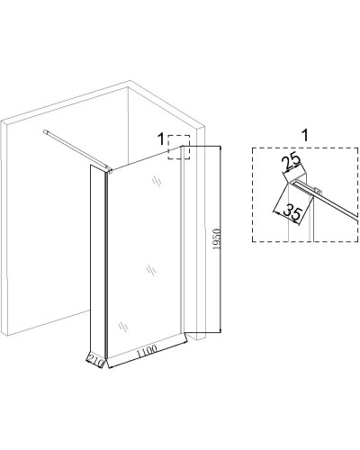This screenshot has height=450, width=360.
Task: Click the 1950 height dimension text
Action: click(218, 238)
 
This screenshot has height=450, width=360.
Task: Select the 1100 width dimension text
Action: click(147, 351)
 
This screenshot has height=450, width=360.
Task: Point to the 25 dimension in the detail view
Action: click(292, 161)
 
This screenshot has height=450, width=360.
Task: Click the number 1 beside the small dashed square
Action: click(161, 139)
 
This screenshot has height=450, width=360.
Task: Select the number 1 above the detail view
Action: click(305, 136)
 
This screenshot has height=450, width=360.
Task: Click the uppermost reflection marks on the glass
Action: click(157, 181)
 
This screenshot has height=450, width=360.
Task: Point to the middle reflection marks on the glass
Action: click(151, 271)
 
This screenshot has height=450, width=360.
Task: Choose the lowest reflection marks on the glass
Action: click(123, 327)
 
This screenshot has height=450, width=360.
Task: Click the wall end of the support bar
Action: click(45, 131)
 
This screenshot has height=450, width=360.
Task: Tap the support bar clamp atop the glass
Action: click(109, 170)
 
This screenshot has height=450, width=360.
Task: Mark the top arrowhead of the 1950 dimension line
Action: click(220, 148)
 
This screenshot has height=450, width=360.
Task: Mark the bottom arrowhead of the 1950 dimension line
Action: click(220, 330)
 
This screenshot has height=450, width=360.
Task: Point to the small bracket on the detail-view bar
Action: click(317, 190)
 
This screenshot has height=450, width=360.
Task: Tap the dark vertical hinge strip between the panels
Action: click(106, 263)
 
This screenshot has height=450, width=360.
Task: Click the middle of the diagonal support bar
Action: click(76, 151)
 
